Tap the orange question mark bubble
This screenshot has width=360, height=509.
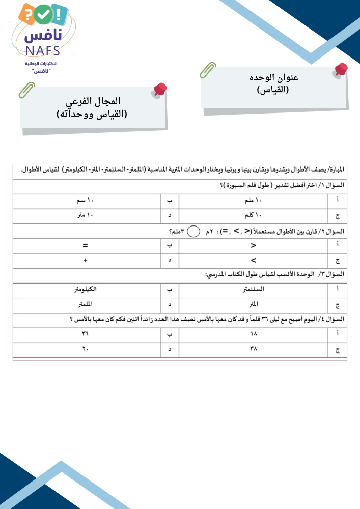pyautogui.click(x=28, y=14)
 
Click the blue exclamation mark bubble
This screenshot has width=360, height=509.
pyautogui.click(x=60, y=14)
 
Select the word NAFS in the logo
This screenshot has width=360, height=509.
pyautogui.click(x=42, y=50)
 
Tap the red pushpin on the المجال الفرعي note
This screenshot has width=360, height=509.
pyautogui.click(x=160, y=91)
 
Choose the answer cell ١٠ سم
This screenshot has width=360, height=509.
pyautogui.click(x=86, y=201)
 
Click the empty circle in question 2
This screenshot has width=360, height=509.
pyautogui.click(x=193, y=232)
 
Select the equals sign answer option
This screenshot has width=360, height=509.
pyautogui.click(x=86, y=246)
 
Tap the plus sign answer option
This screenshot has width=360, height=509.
pyautogui.click(x=86, y=261)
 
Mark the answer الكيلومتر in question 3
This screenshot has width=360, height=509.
pyautogui.click(x=86, y=289)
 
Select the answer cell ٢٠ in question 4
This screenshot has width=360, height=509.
pyautogui.click(x=86, y=349)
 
